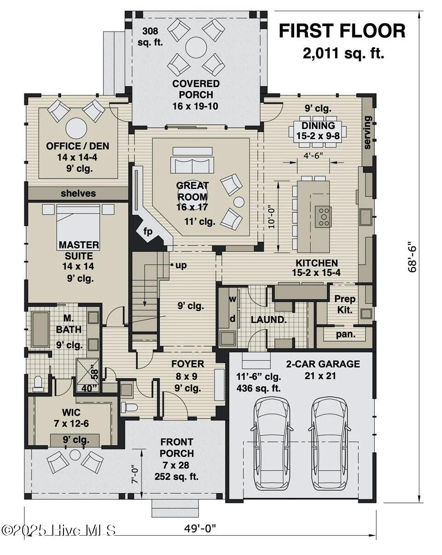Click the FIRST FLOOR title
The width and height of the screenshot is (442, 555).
pyautogui.click(x=342, y=31)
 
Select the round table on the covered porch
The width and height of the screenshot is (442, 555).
pyautogui.click(x=196, y=47)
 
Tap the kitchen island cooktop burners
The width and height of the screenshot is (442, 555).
pyautogui.click(x=323, y=216)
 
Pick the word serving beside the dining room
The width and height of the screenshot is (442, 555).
pyautogui.click(x=367, y=132)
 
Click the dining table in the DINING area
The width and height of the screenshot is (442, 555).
pyautogui.click(x=318, y=131)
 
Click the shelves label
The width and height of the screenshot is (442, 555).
pyautogui.click(x=78, y=193)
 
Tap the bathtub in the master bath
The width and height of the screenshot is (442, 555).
pyautogui.click(x=41, y=329)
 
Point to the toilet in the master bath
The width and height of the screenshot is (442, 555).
pyautogui.click(x=38, y=383)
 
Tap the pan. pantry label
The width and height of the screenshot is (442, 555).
pyautogui.click(x=345, y=334)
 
